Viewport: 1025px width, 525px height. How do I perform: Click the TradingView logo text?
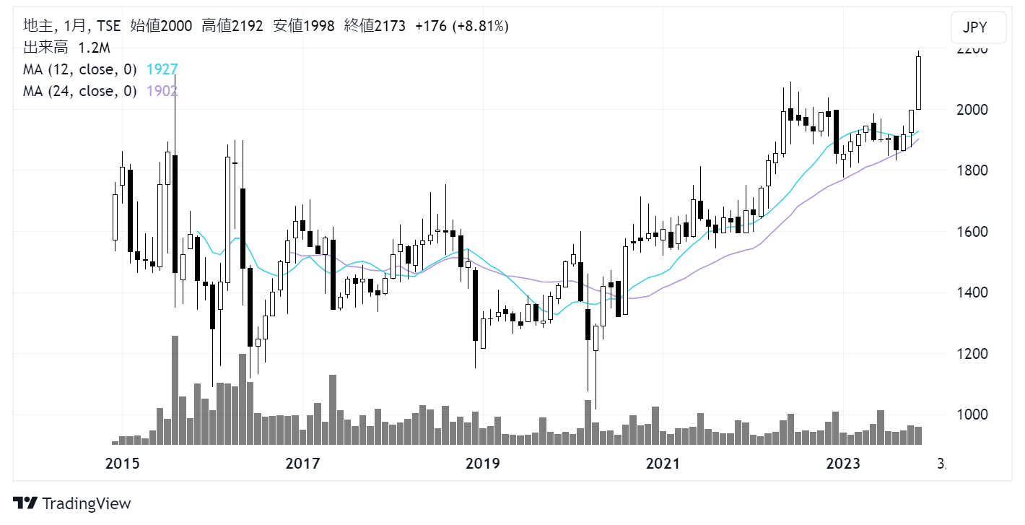point(86,503)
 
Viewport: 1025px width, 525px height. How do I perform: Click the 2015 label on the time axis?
point(123,463)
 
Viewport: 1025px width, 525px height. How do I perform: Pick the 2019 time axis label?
point(482,463)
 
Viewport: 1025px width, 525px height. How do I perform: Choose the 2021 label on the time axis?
point(663,463)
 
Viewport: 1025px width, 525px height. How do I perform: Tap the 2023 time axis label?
point(842,463)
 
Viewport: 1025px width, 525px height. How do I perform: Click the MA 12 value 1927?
point(162,69)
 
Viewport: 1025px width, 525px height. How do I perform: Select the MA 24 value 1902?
point(162,91)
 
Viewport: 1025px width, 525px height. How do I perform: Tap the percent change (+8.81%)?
point(481,26)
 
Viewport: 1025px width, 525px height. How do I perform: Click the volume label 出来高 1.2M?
point(66,48)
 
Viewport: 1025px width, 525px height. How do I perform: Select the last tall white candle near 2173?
point(919,83)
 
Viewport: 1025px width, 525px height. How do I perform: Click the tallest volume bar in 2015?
point(175,390)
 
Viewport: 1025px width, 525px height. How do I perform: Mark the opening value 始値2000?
point(161,26)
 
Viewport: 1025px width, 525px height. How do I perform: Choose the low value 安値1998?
point(304,26)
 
